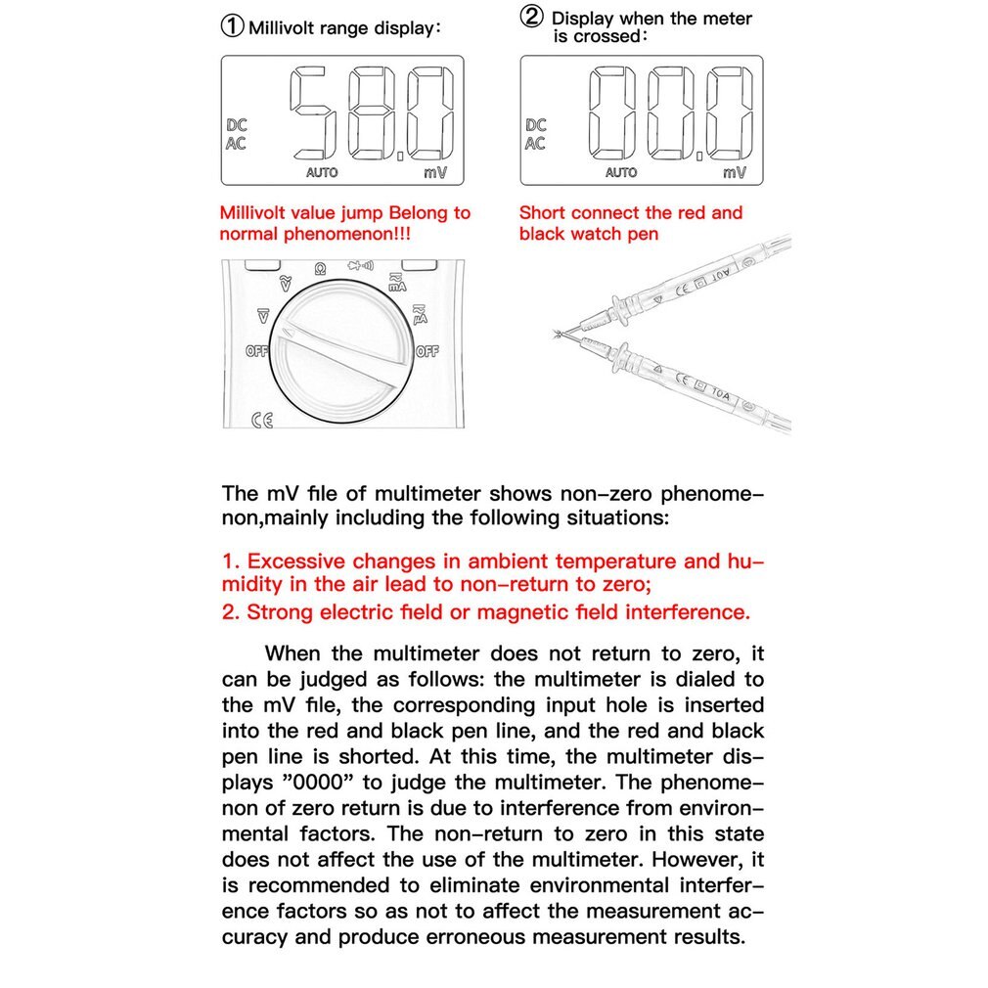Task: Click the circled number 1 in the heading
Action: tap(232, 26)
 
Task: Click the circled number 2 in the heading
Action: tap(532, 18)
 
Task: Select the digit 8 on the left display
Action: tap(372, 114)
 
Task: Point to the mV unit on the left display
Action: tap(435, 172)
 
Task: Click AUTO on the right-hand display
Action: tap(621, 172)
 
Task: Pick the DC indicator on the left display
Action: tap(237, 125)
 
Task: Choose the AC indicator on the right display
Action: tap(535, 143)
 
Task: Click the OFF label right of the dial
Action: tap(427, 351)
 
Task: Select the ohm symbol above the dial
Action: tap(320, 268)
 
